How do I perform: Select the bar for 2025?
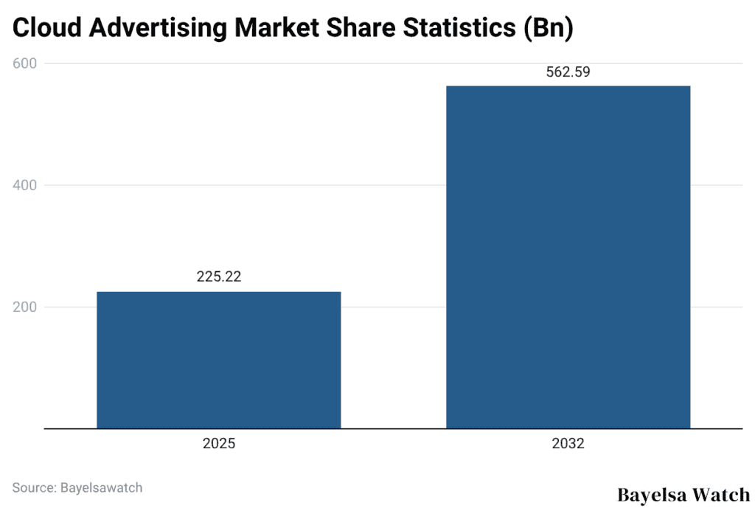click(219, 360)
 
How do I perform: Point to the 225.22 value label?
click(219, 277)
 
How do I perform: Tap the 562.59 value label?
click(568, 72)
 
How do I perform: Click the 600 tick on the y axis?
click(25, 63)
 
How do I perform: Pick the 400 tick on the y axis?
click(25, 185)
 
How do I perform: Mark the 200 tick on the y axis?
click(25, 307)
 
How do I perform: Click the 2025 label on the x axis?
click(219, 445)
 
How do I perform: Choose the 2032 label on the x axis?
click(568, 445)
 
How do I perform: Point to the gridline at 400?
click(391, 185)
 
